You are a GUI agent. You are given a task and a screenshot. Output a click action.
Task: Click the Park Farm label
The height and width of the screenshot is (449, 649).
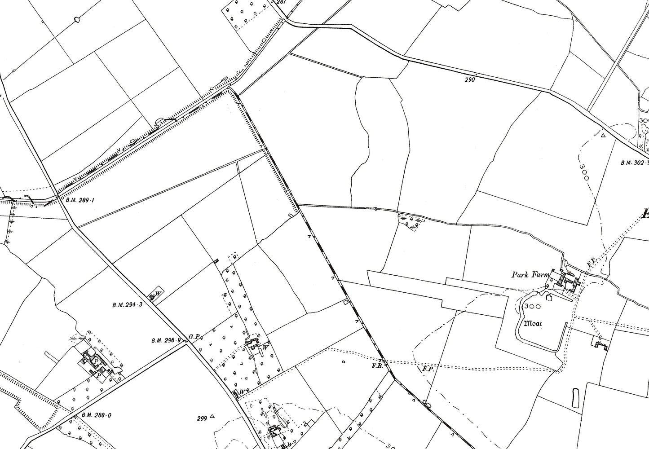[528, 275]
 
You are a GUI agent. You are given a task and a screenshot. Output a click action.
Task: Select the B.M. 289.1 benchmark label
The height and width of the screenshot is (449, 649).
[79, 200]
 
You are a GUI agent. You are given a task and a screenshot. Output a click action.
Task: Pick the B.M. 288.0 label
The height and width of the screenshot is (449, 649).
[96, 416]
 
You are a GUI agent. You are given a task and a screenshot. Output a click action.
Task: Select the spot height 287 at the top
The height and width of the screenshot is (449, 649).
[281, 2]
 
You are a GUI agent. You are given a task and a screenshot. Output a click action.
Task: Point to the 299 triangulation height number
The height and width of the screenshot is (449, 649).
[202, 418]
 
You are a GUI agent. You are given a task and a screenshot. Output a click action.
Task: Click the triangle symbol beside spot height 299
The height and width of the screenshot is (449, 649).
[212, 416]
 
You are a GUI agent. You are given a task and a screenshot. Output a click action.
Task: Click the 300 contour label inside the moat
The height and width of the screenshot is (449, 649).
[532, 306]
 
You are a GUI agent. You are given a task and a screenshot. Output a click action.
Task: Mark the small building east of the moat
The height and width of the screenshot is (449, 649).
[601, 345]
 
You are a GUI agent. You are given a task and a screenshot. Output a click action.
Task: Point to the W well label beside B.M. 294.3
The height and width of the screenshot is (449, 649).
[158, 295]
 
